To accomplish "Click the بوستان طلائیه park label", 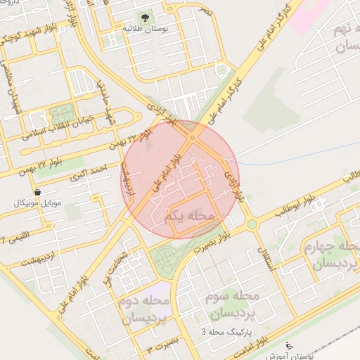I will coord(143,30).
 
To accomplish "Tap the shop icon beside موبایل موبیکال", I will coord(37,191).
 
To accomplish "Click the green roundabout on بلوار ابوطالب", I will coord(251,225).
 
